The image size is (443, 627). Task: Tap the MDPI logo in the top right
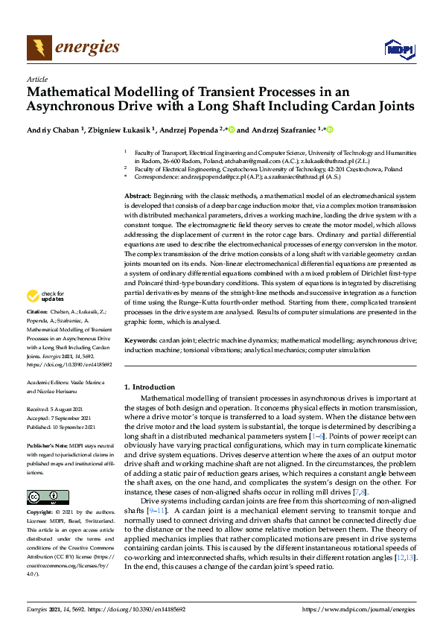(398, 49)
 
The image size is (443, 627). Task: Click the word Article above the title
(36, 79)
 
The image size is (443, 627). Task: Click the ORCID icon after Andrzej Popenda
(232, 130)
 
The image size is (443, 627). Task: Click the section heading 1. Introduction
(149, 387)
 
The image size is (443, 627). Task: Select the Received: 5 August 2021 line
(62, 410)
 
